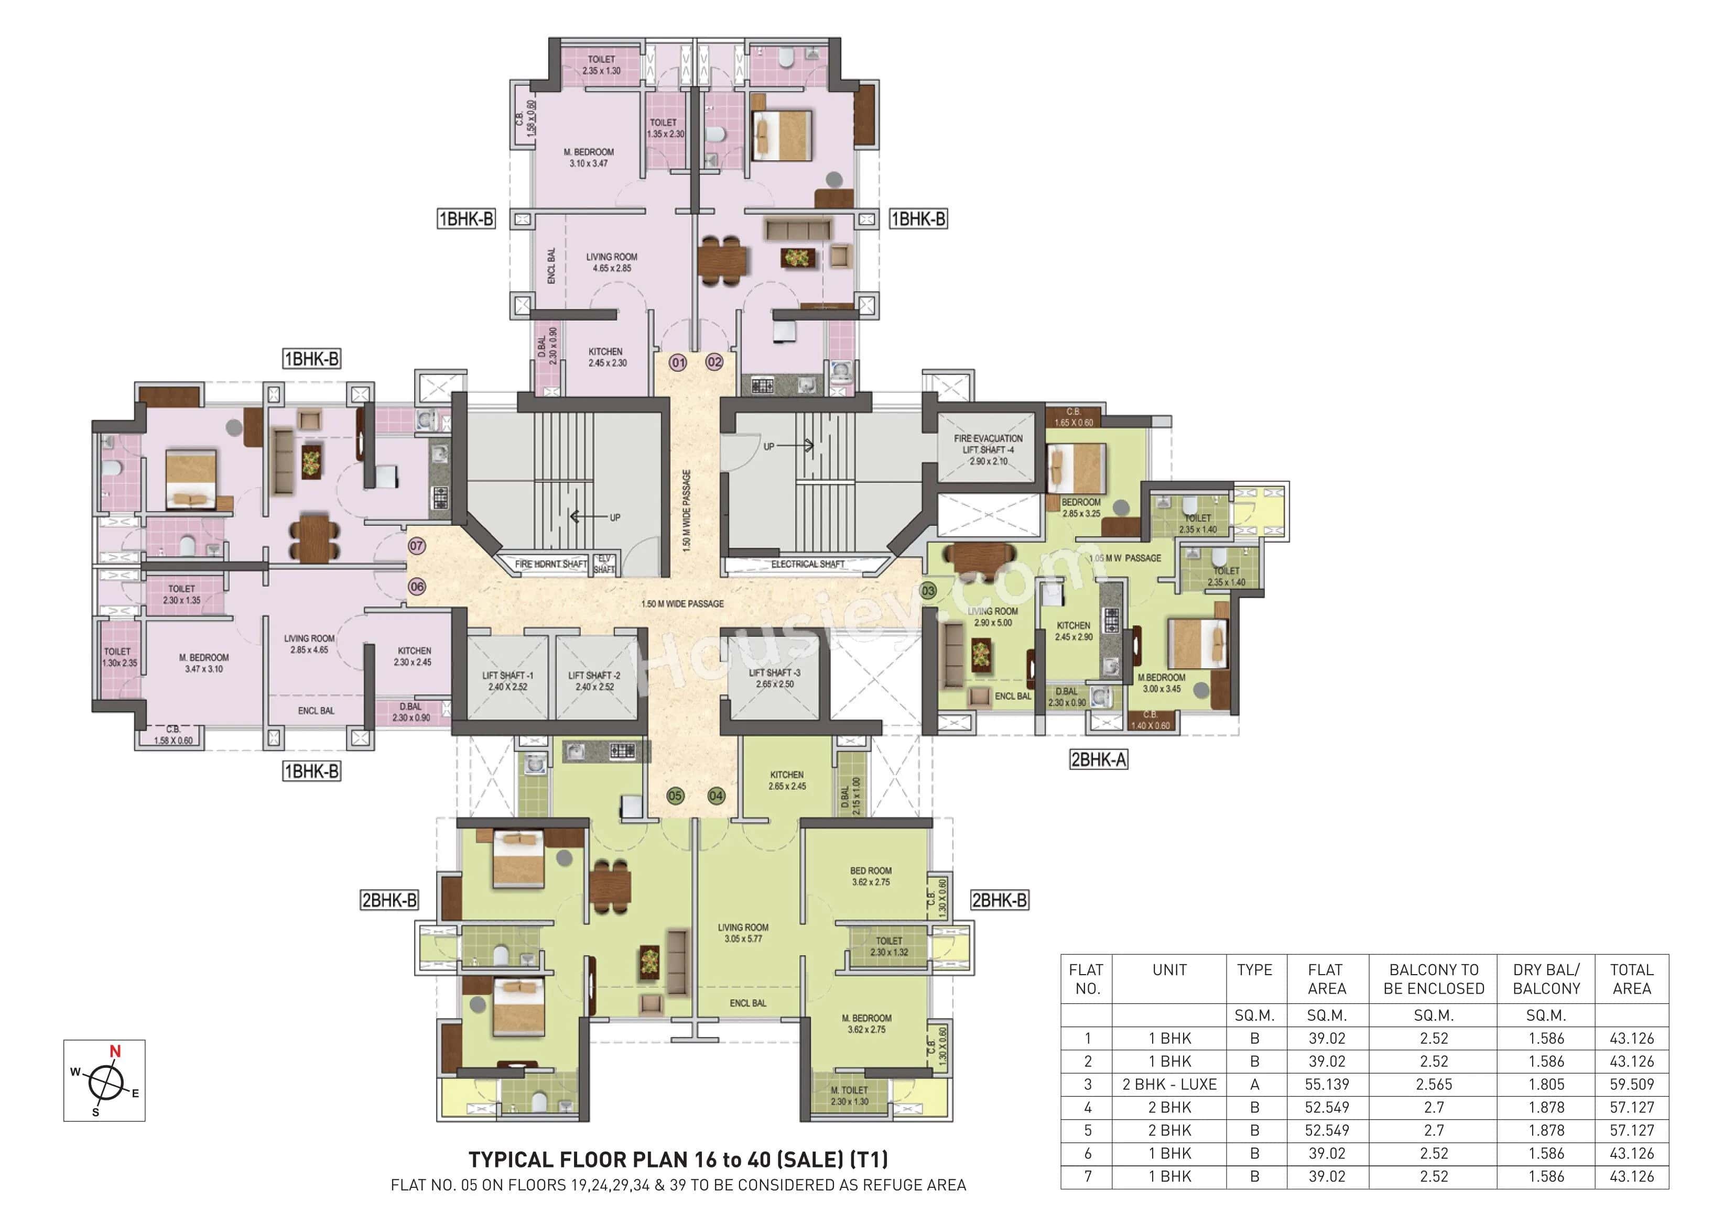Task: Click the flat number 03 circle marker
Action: coord(928,590)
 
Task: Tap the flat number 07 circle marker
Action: coord(416,546)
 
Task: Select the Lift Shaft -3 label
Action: coord(774,678)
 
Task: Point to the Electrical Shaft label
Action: coord(807,564)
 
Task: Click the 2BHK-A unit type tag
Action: coord(1098,759)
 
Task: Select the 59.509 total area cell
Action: coord(1631,1084)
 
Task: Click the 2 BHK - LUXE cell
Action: coord(1169,1084)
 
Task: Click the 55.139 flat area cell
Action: coord(1326,1084)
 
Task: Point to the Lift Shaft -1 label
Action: coord(507,681)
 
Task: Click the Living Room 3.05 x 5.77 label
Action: coord(743,933)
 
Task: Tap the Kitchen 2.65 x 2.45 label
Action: coord(787,780)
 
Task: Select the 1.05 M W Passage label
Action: coord(1125,558)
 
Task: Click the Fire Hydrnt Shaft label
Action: coord(550,564)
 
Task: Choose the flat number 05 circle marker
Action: coord(675,796)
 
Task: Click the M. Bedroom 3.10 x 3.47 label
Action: coord(588,157)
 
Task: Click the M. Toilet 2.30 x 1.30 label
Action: coord(850,1095)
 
